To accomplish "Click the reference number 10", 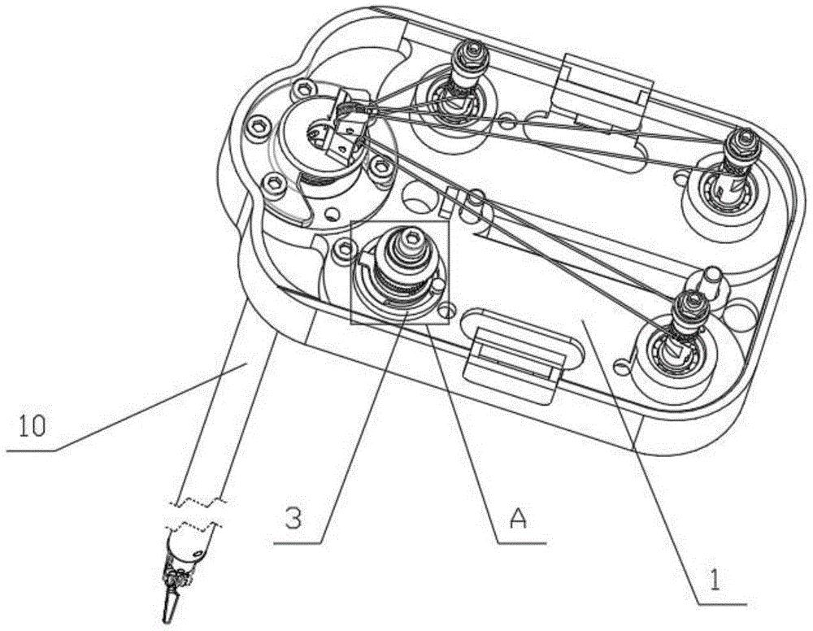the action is (x=33, y=426).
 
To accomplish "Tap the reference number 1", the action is (x=715, y=579).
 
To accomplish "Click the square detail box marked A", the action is (x=400, y=272).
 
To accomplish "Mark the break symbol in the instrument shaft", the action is (x=197, y=513).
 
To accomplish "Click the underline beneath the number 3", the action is (x=297, y=542).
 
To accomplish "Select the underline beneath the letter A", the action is (x=522, y=542).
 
